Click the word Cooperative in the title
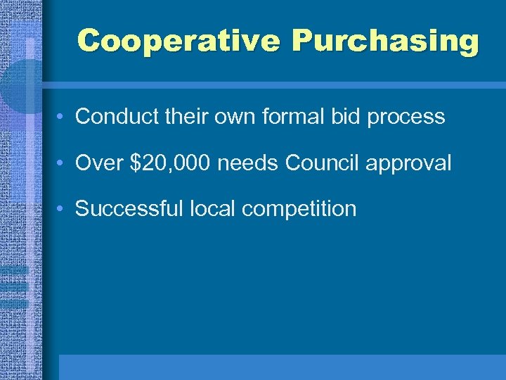pyautogui.click(x=179, y=41)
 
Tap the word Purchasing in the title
pyautogui.click(x=385, y=41)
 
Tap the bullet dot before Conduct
pyautogui.click(x=63, y=117)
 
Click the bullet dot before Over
pyautogui.click(x=63, y=163)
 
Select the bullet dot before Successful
pyautogui.click(x=63, y=209)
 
